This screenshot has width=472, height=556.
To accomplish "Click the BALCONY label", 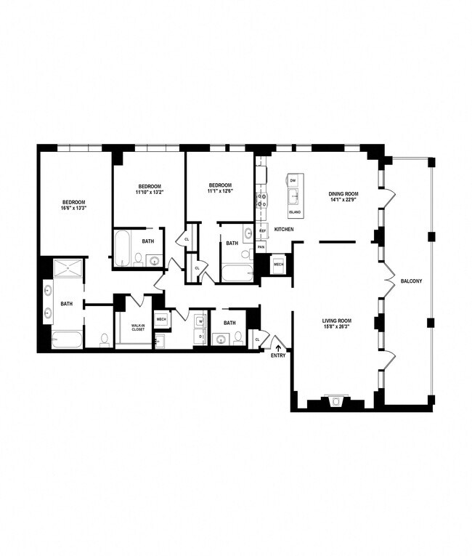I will (x=411, y=281).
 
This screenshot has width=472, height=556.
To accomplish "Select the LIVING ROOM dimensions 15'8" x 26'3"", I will (x=337, y=326).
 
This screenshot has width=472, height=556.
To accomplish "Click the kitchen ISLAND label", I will (x=295, y=211).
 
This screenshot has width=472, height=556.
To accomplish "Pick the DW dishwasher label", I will (x=293, y=180).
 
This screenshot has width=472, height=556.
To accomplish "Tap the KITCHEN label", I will (x=284, y=230).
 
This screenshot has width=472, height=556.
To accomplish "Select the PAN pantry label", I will (x=261, y=247).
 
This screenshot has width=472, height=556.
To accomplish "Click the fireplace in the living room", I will (x=335, y=402).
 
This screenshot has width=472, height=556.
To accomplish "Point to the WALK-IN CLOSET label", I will (x=138, y=327).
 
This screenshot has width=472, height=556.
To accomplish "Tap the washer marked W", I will (x=199, y=322).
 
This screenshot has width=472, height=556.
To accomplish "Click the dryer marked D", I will (x=199, y=337).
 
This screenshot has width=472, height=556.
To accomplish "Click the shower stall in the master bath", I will (x=68, y=268).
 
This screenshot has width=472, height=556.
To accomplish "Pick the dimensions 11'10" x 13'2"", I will (x=150, y=193).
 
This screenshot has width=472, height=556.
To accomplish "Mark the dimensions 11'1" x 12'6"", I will (x=220, y=192).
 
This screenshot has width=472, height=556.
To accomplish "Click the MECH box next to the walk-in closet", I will (x=161, y=319).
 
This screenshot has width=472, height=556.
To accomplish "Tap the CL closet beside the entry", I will (x=257, y=339).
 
